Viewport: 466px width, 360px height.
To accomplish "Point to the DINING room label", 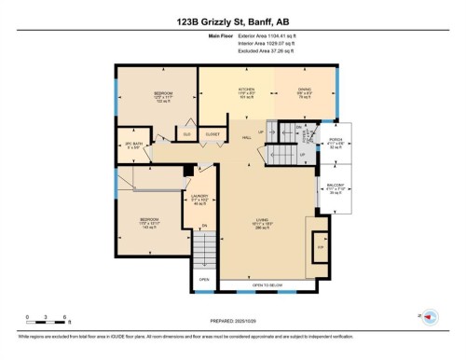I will click(x=305, y=91).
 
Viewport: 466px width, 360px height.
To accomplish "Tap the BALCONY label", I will click(x=337, y=188).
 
